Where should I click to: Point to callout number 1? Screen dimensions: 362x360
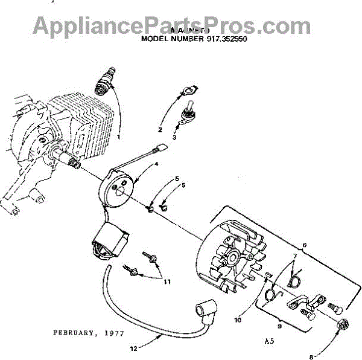point(119,137)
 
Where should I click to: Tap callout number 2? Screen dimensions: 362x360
point(160,130)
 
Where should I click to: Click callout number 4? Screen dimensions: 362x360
point(156,164)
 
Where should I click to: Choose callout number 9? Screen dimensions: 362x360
point(279,325)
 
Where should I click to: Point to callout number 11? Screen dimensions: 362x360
point(167,281)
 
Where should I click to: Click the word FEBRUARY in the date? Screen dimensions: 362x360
point(73,332)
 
